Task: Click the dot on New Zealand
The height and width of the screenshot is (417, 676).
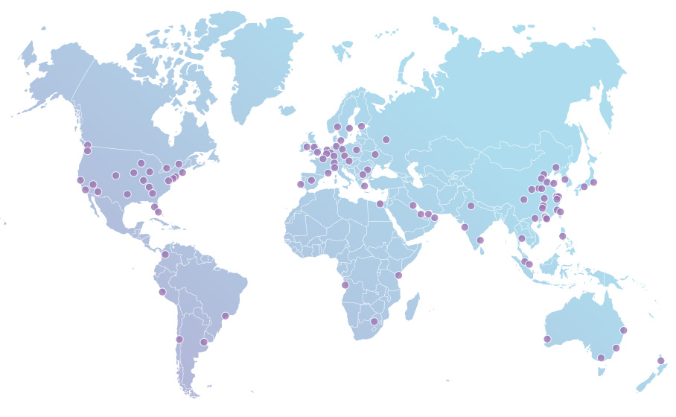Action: tap(660, 361)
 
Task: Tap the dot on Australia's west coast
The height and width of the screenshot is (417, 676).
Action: tap(547, 340)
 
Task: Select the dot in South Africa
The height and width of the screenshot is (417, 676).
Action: tap(374, 322)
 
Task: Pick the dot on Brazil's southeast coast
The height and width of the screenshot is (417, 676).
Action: tap(225, 316)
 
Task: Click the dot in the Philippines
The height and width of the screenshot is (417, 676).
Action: tap(562, 236)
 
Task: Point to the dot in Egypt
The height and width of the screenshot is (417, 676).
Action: tap(380, 203)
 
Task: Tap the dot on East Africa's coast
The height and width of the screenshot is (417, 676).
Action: tap(398, 276)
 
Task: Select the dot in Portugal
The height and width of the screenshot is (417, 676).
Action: tap(301, 184)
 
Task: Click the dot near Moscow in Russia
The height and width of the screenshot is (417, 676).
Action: tap(386, 139)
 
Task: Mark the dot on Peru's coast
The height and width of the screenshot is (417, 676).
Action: tap(162, 292)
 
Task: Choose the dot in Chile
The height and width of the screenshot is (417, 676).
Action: tap(179, 340)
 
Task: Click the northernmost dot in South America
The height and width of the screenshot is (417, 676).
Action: tap(165, 255)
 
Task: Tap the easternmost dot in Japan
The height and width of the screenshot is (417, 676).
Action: tap(593, 182)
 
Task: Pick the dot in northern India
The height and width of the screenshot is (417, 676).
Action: tap(471, 206)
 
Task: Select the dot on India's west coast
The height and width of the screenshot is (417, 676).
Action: tap(465, 227)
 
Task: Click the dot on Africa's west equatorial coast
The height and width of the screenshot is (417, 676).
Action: tap(345, 285)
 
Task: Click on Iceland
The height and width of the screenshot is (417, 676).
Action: tap(287, 110)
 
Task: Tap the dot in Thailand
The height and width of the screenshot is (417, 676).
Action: tap(522, 239)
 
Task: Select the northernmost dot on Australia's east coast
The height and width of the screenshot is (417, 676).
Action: tap(623, 330)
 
